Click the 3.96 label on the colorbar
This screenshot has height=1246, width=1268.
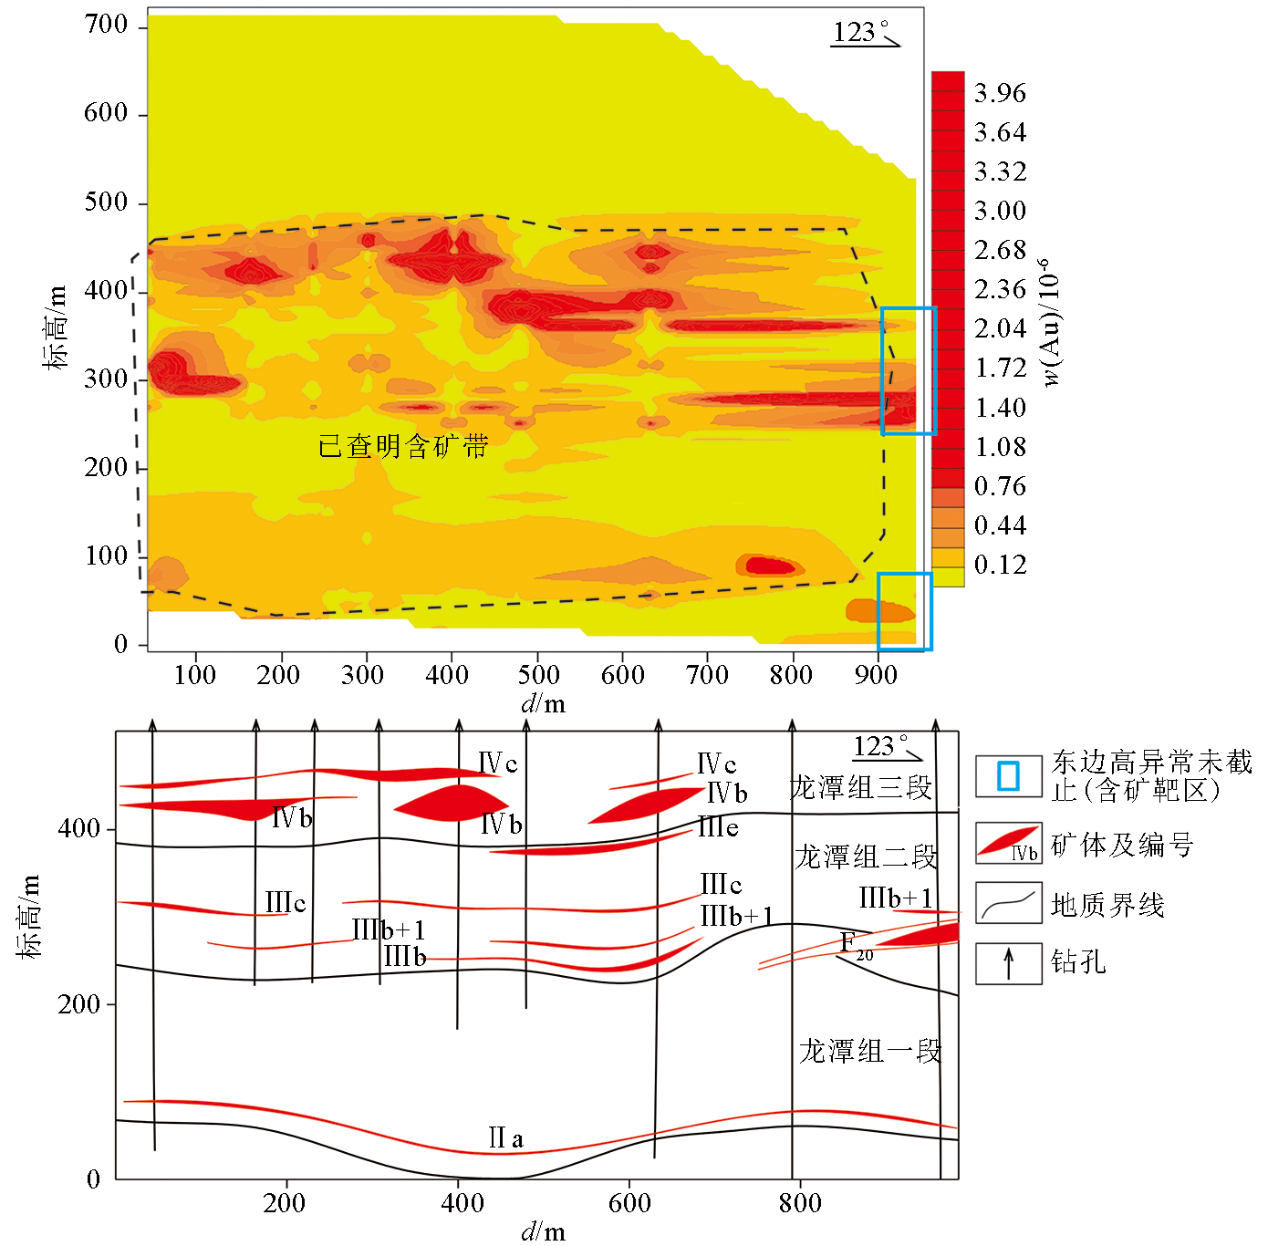(1000, 93)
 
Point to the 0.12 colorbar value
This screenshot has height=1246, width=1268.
(1000, 565)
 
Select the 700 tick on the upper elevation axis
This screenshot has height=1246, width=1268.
(106, 26)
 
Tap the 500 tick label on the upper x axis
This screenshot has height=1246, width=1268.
(538, 675)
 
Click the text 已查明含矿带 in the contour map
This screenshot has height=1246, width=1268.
(403, 446)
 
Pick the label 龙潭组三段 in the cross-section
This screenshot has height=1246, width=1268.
(860, 788)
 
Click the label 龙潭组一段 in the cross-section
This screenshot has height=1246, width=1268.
(869, 1051)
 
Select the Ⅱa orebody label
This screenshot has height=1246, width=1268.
(505, 1138)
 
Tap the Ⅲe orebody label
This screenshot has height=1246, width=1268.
(718, 828)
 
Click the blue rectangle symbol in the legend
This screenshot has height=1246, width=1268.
(1008, 776)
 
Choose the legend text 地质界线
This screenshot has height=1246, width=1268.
(1107, 906)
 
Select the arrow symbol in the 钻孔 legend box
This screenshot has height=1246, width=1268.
(1008, 963)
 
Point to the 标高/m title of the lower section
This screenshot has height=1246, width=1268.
(30, 916)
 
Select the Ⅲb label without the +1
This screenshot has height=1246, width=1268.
(404, 957)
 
